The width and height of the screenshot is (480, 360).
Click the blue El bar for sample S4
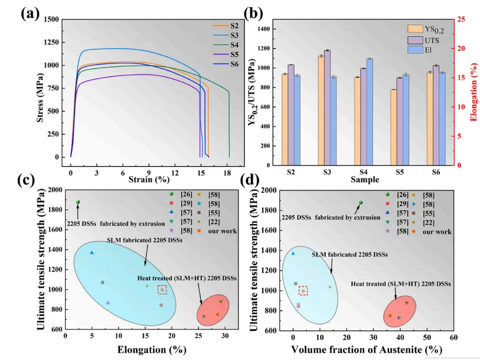point(369,111)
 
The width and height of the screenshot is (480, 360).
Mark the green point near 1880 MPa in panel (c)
point(78,202)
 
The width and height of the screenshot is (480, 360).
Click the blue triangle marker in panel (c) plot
point(92,253)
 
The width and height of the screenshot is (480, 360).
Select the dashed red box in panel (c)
point(162,290)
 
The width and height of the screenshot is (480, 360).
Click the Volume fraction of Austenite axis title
point(366,349)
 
